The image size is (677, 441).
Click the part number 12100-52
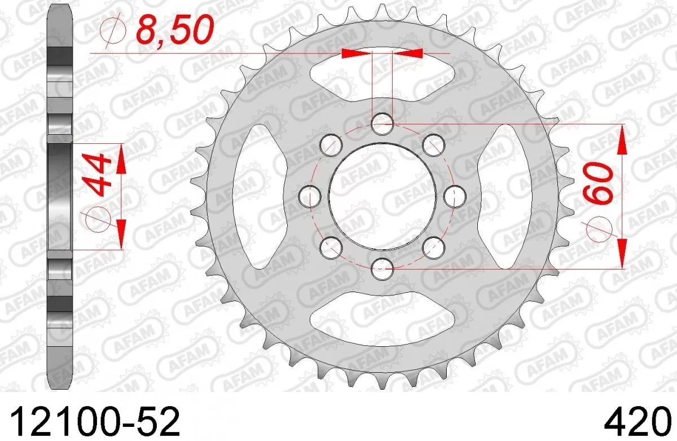tap(94, 421)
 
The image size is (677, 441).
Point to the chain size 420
tap(635, 421)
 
